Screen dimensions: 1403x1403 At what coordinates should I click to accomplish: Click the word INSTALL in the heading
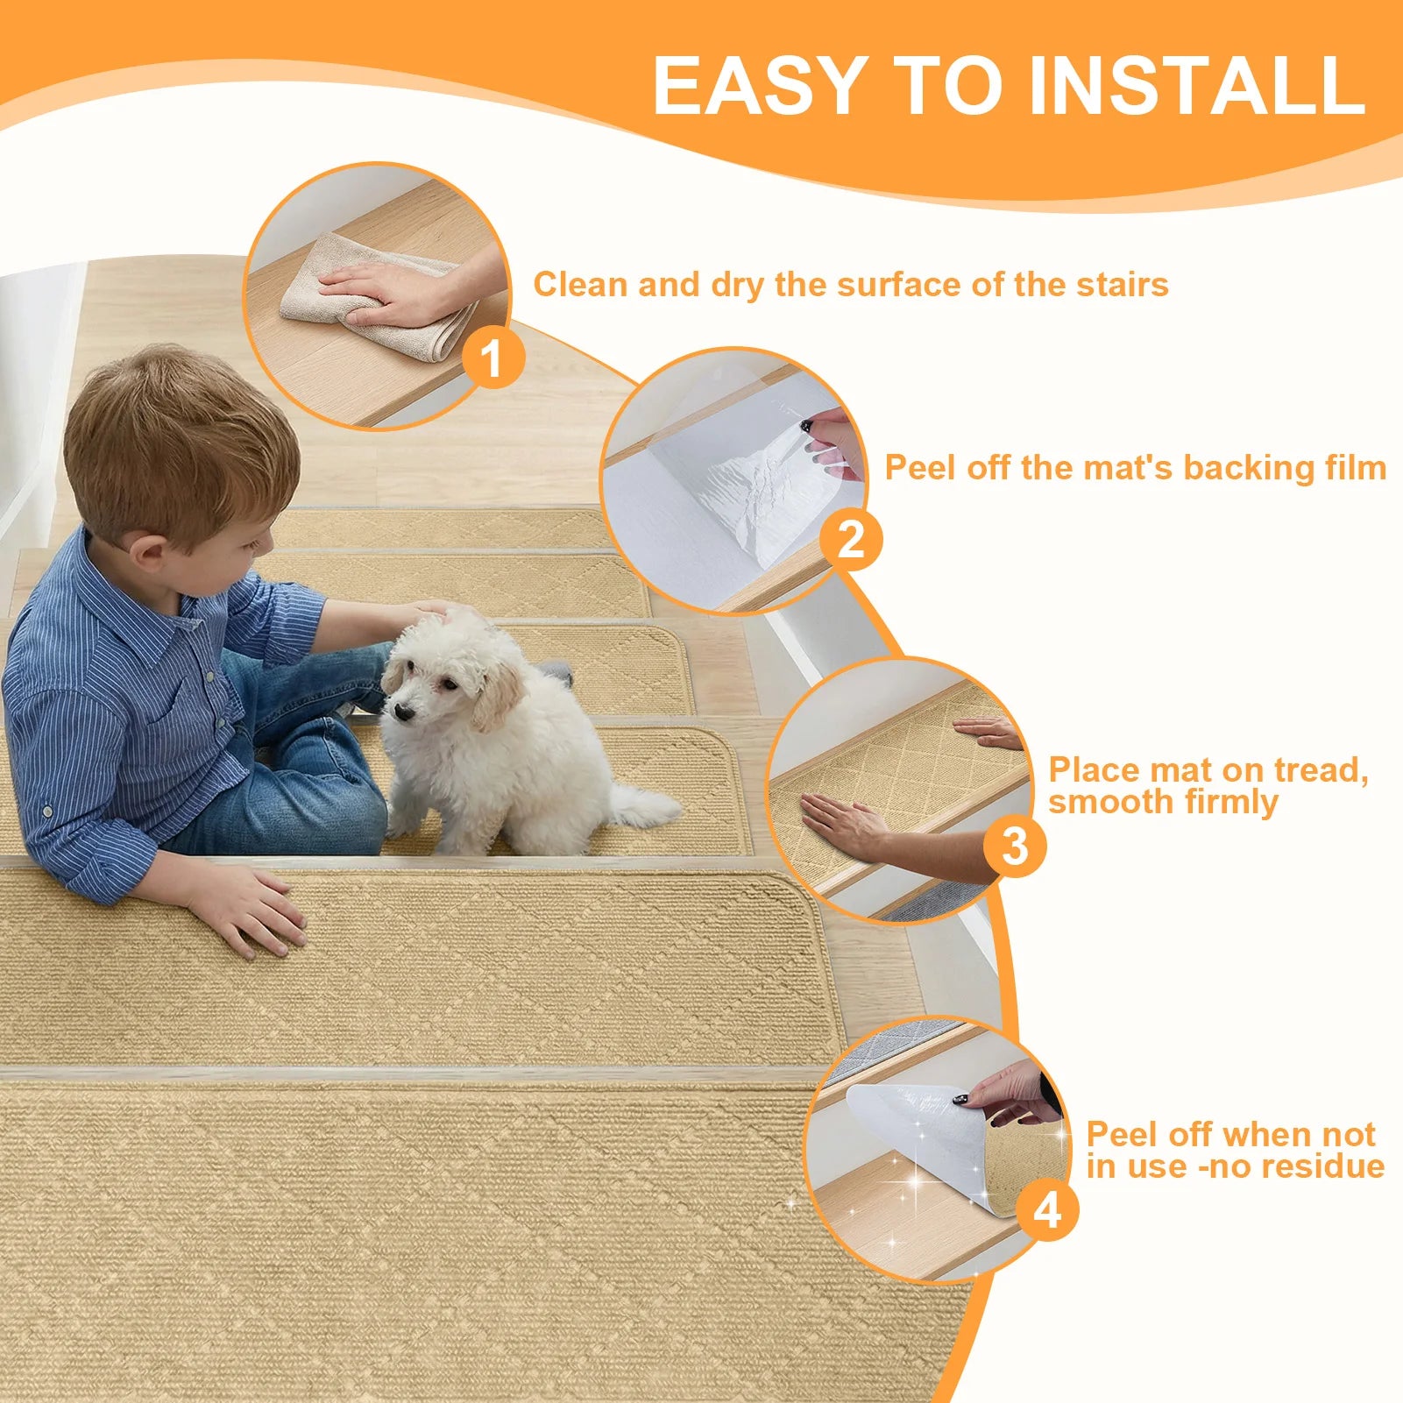click(x=1196, y=85)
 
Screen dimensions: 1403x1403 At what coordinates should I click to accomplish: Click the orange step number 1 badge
click(x=493, y=358)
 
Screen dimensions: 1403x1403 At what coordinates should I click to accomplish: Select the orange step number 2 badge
click(x=851, y=539)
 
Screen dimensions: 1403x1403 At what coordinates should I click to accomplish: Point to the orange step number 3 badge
click(x=1014, y=847)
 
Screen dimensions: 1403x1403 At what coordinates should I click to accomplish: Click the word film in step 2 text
click(x=1355, y=467)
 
